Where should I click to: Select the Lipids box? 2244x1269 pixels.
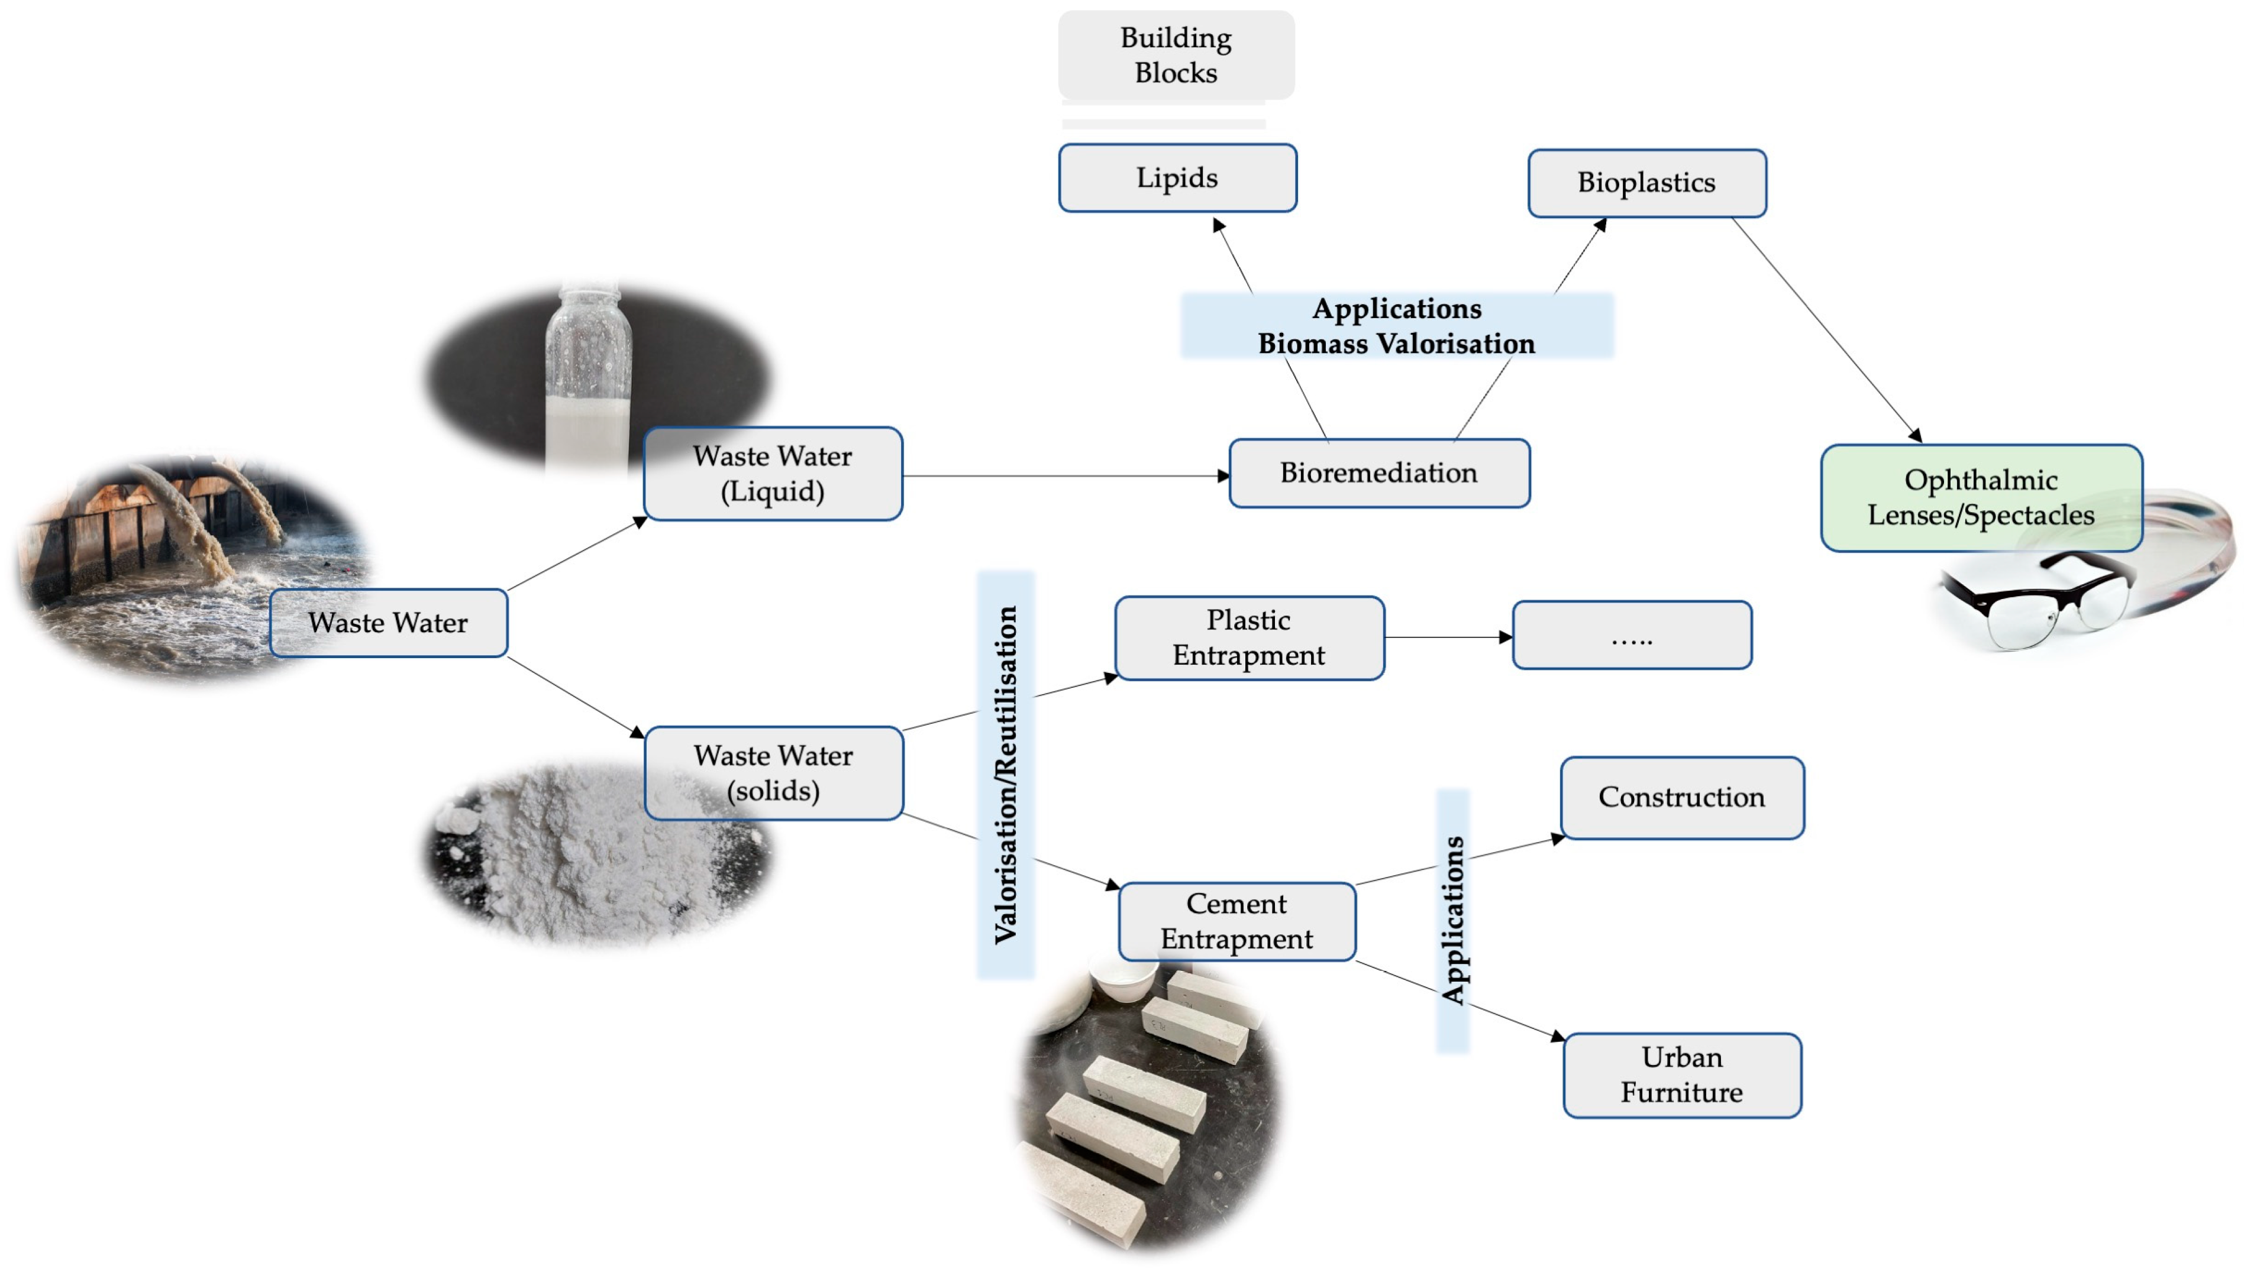tap(1177, 178)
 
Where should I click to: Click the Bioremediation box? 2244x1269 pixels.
tap(1378, 473)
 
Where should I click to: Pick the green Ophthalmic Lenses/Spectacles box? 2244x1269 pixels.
tap(1980, 498)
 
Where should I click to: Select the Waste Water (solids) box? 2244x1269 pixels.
tap(773, 773)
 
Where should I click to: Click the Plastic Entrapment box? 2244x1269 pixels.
tap(1248, 638)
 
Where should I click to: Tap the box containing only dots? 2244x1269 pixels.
tap(1631, 635)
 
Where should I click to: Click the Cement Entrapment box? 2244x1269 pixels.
tap(1236, 921)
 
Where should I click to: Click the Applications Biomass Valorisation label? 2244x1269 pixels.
tap(1396, 326)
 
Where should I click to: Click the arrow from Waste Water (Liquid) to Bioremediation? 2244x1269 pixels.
tap(1064, 476)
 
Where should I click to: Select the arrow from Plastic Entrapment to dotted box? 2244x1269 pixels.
tap(1447, 637)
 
